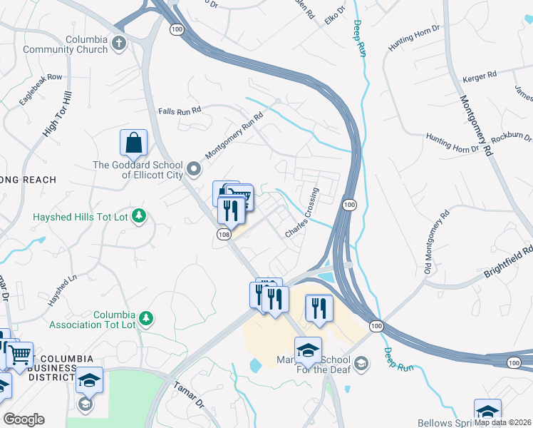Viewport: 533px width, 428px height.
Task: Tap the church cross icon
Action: pos(119,44)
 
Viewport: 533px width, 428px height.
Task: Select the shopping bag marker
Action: pos(133,143)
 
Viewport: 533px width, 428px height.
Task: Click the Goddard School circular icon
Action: pos(195,170)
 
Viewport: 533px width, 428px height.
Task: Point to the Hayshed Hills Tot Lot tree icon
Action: pos(140,215)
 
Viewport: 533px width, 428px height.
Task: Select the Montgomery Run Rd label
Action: pos(234,135)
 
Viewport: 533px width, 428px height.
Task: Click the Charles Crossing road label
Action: pos(302,213)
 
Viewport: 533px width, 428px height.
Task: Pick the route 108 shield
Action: pos(224,235)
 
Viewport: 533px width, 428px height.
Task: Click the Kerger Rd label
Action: pos(479,76)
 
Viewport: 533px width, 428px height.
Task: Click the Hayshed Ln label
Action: pos(62,291)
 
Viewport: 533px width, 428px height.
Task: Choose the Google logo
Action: pos(24,419)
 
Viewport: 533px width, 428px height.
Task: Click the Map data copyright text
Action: pos(503,422)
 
